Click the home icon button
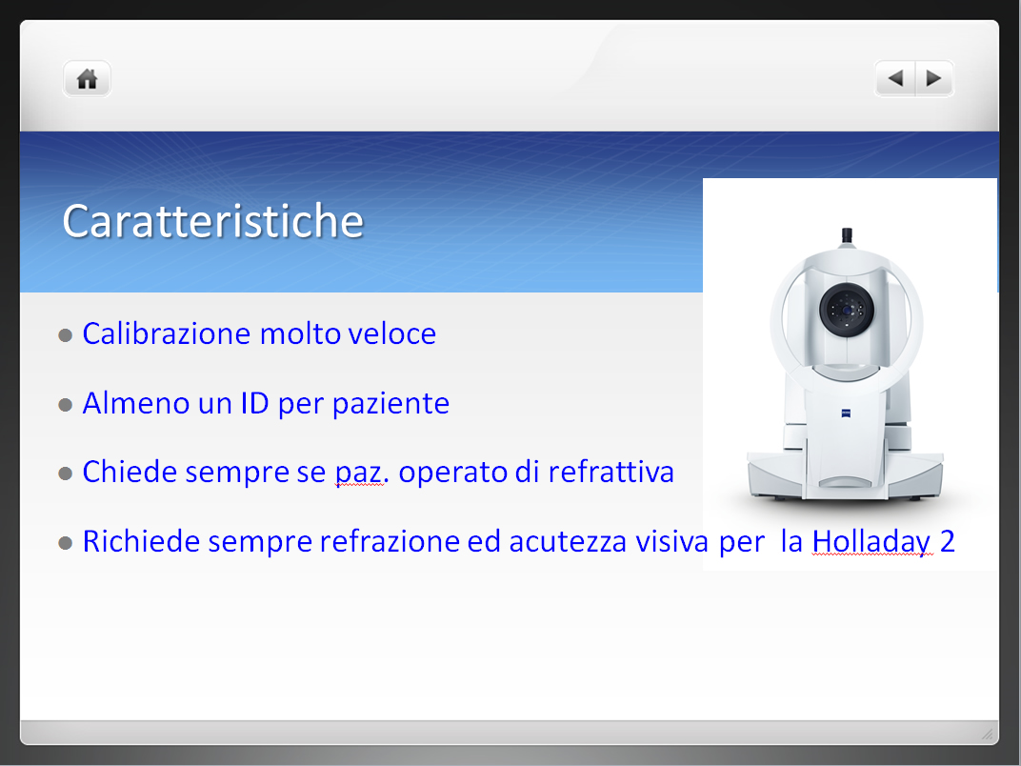tap(88, 79)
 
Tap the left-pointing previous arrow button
tap(895, 79)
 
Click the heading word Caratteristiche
tap(213, 221)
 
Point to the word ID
tap(254, 403)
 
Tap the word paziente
tap(390, 404)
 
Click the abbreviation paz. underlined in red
tap(362, 473)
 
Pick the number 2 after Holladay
tap(948, 542)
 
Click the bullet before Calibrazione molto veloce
tap(65, 335)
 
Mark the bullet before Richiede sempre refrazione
tap(65, 543)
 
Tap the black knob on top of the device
tap(847, 235)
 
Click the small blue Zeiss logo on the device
tap(846, 413)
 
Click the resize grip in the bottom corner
tap(988, 734)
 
